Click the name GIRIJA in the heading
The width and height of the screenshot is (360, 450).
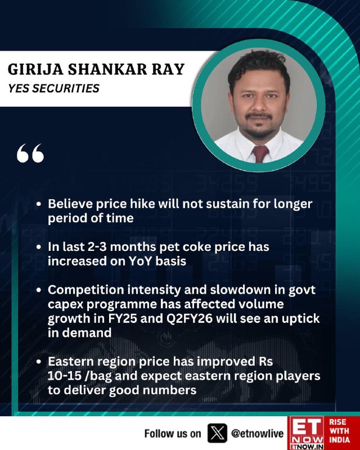point(35,69)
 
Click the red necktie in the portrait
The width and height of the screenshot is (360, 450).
point(260,154)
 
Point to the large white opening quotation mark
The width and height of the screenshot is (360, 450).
point(30,153)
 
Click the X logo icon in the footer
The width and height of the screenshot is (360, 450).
point(217,433)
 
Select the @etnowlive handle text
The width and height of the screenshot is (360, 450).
point(257,433)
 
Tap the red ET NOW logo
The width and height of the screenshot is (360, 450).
point(306,433)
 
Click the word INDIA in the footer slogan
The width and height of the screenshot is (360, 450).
point(339,440)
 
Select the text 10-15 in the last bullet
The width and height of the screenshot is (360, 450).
point(65,376)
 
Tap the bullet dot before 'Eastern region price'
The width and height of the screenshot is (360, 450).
point(39,362)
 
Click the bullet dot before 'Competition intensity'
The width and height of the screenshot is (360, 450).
point(39,290)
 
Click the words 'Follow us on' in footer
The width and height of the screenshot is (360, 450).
point(173,433)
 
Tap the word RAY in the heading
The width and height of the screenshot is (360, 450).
point(170,69)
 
